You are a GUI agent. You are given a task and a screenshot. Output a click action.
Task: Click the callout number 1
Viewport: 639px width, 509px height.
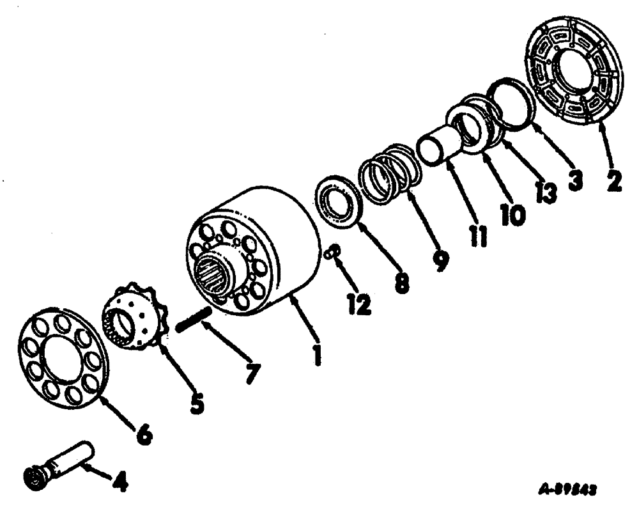point(315,351)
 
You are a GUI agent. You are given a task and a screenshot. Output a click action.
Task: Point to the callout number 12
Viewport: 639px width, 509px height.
point(359,304)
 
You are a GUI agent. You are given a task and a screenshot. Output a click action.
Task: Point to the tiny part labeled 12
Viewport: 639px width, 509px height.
point(331,254)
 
